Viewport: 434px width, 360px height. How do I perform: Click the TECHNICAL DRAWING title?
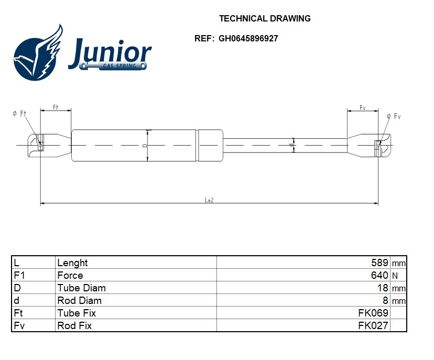(x=265, y=18)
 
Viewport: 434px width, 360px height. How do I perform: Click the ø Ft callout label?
(x=19, y=114)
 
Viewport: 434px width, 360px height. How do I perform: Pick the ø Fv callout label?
(x=394, y=116)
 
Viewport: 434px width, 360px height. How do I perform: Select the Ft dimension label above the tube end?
(x=56, y=107)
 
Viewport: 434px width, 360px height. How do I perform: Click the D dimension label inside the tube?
(x=144, y=145)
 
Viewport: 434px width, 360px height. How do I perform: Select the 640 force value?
(x=379, y=275)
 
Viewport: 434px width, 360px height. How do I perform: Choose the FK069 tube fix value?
(x=373, y=313)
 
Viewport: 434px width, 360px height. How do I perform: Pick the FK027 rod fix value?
(x=373, y=325)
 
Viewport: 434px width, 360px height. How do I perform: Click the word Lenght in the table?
(x=72, y=263)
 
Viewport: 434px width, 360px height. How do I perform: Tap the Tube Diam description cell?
(x=81, y=288)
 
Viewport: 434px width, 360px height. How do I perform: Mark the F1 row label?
(x=19, y=275)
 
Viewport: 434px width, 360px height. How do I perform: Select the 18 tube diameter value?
(x=383, y=288)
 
